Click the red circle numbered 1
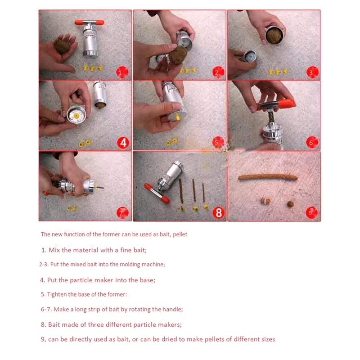[x=122, y=72]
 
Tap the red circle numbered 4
[x=123, y=143]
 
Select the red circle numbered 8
[x=218, y=212]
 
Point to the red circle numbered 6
[x=312, y=142]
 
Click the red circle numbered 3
[x=312, y=72]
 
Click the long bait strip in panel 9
[x=268, y=177]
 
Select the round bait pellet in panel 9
[x=290, y=204]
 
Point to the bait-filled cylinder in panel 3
[x=274, y=35]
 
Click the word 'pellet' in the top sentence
[x=180, y=234]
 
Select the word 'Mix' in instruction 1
[x=54, y=250]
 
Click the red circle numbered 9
[x=311, y=212]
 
